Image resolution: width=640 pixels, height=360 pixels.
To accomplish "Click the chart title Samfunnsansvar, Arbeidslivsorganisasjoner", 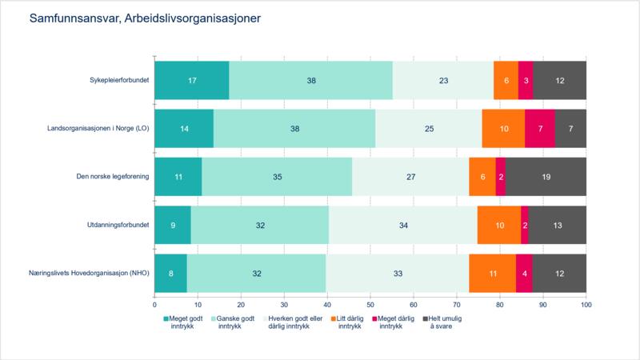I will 145,17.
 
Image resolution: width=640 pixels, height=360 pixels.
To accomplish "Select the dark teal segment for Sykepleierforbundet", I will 191,80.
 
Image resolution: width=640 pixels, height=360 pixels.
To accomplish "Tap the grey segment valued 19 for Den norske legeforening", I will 546,177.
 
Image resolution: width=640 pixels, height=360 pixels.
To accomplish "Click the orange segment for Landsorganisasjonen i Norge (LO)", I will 503,129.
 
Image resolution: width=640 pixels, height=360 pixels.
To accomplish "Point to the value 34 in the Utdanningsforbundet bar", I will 403,226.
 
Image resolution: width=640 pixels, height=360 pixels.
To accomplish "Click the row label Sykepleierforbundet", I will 120,80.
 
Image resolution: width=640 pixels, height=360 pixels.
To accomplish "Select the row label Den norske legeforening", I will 114,177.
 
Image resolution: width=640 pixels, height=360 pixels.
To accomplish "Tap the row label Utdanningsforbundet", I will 118,226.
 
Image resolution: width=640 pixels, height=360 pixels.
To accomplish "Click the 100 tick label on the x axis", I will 586,305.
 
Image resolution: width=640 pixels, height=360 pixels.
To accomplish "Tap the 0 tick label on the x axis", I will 154,305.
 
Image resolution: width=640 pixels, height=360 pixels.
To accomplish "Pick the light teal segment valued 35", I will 277,177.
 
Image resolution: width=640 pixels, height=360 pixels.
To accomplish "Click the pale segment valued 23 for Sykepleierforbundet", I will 443,80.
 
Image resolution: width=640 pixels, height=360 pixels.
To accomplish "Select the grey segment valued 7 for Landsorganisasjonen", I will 570,129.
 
